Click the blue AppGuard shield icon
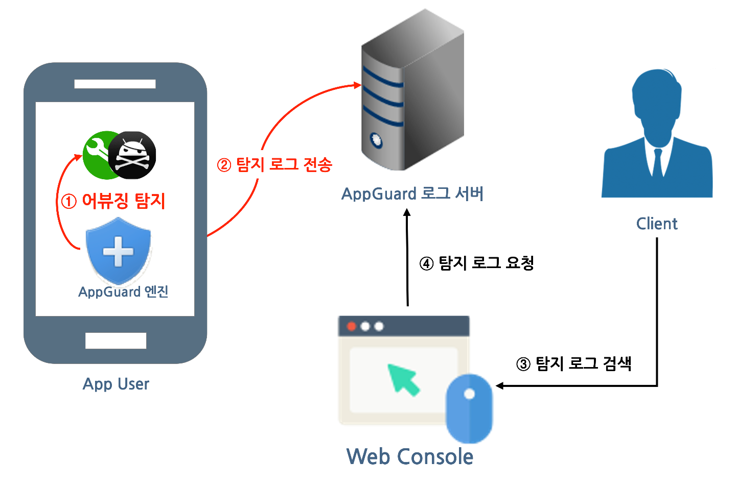point(118,251)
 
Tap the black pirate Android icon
point(132,155)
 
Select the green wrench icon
point(98,154)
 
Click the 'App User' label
point(116,384)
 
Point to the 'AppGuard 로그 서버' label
point(412,193)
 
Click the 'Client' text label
point(657,224)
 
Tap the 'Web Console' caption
point(410,456)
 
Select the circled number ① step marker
point(69,202)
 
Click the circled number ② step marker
point(224,165)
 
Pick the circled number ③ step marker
point(523,364)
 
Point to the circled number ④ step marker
point(426,263)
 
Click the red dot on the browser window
point(352,326)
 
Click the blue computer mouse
point(469,408)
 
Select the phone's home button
point(116,341)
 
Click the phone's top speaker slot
point(115,84)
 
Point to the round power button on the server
point(376,140)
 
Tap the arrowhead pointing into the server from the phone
point(357,85)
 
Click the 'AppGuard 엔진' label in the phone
point(123,291)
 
